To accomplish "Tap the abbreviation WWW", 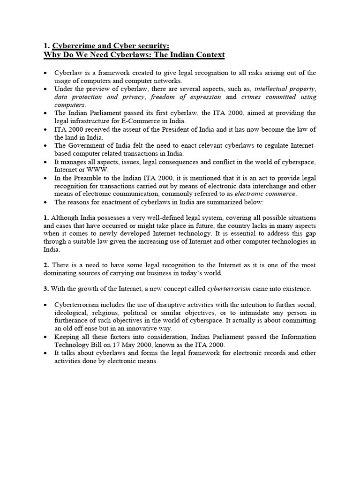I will [96, 170].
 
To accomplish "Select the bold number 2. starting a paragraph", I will [46, 265].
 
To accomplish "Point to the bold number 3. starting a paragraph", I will [46, 288].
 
